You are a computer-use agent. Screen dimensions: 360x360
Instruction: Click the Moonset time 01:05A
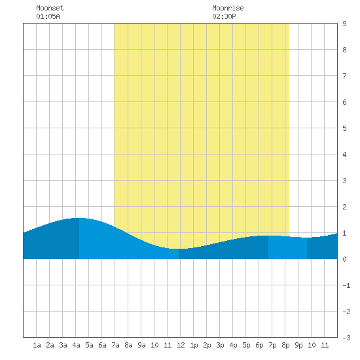48,16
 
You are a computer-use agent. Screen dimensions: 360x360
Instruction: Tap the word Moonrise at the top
228,8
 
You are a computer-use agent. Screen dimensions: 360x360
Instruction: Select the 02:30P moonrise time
224,16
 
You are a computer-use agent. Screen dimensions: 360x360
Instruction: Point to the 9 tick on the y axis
344,24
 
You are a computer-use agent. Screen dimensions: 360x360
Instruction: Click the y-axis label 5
344,128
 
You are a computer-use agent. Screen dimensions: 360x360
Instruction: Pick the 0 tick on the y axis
344,259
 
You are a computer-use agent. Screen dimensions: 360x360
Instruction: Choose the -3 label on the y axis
346,338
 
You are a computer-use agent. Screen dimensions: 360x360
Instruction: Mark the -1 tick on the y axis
346,285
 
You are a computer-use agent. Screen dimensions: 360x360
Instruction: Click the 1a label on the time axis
37,345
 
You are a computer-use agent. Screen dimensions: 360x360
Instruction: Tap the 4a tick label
76,345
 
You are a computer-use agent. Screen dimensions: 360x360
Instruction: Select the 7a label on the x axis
115,345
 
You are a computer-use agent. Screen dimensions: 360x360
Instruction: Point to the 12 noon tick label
181,345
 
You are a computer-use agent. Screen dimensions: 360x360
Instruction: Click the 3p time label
220,345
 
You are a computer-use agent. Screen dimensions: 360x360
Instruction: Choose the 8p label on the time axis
285,345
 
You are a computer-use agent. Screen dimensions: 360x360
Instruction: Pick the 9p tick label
298,345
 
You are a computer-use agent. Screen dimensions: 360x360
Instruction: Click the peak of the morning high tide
79,218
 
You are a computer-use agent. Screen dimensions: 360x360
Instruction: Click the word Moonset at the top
50,8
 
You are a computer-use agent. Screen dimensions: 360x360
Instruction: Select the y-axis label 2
344,207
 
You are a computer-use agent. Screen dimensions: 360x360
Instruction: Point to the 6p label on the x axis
259,345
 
